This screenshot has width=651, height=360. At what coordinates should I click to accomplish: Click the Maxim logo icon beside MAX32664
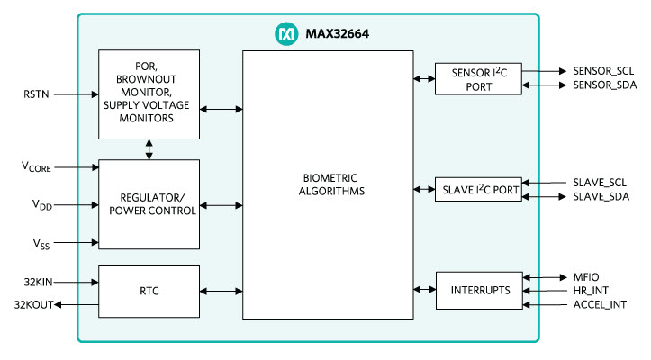pos(284,34)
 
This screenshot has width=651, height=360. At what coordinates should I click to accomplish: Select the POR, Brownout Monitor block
pos(149,94)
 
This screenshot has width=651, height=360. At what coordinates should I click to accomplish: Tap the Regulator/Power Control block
pos(149,204)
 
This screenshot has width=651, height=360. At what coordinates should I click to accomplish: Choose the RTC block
pos(149,291)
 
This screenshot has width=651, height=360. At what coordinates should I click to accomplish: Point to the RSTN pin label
pos(38,93)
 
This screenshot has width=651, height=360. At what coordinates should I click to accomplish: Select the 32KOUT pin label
pos(32,305)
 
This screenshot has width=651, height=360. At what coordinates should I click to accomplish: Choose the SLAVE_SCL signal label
pos(599,183)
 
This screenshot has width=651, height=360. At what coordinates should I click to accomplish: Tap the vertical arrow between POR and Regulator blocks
pos(149,149)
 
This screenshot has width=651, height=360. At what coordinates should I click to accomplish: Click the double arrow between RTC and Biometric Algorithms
pos(221,291)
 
